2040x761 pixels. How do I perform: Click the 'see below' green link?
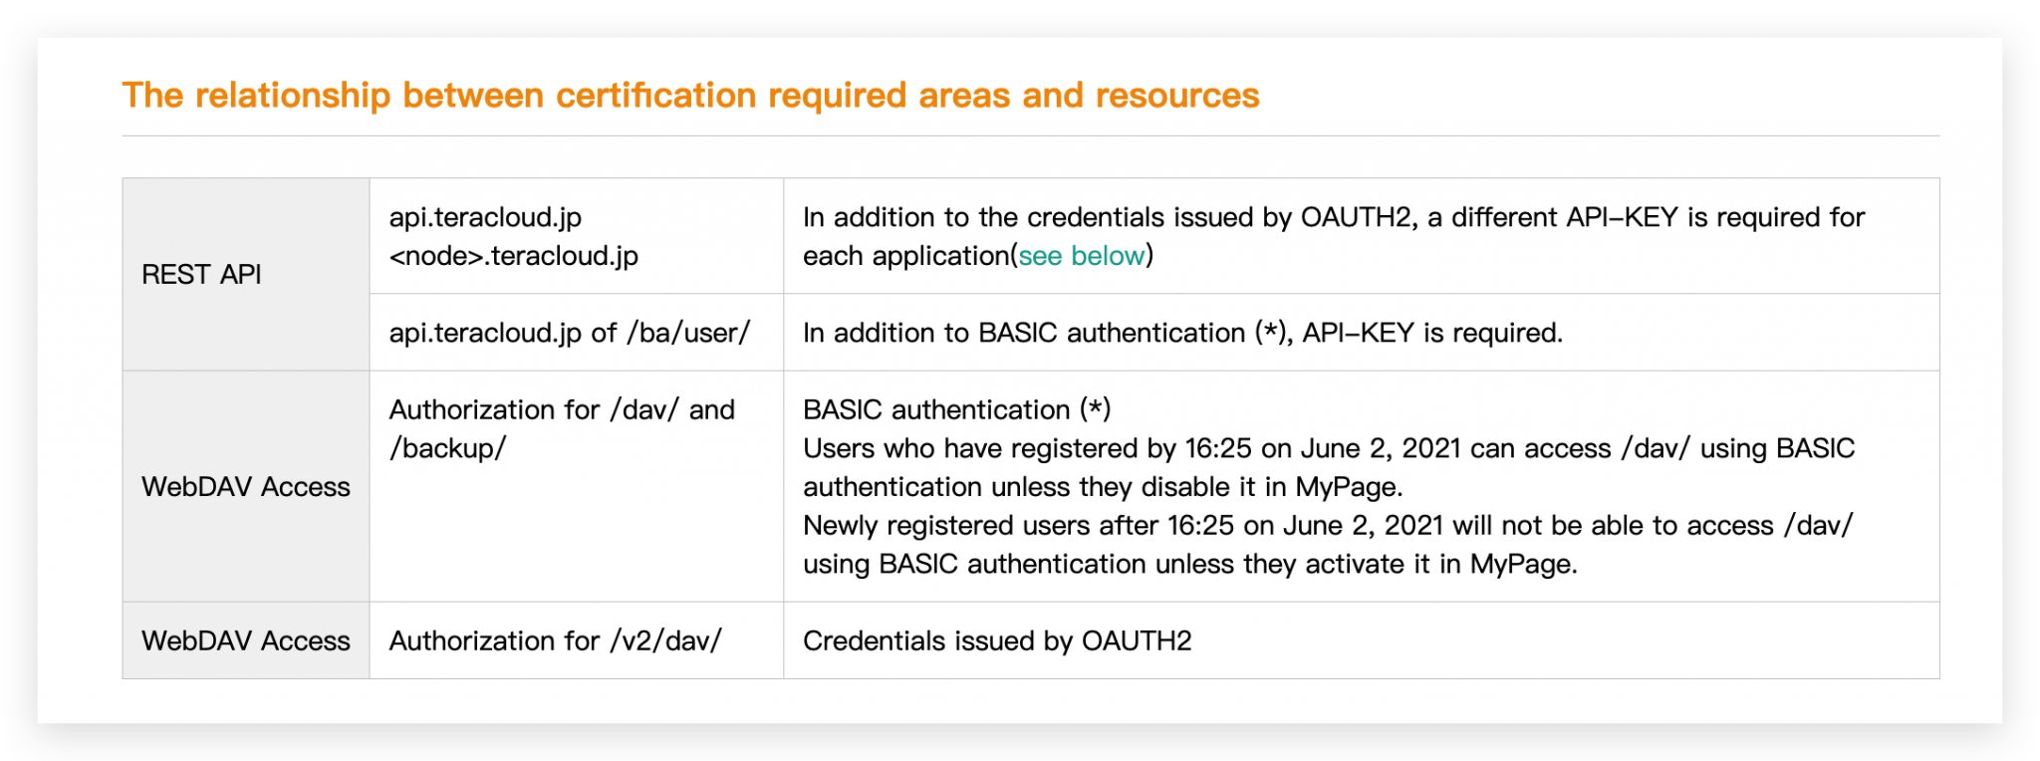point(1081,256)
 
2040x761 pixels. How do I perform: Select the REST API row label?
point(201,275)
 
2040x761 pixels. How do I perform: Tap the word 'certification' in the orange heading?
point(657,96)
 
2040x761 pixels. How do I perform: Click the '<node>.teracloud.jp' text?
point(513,256)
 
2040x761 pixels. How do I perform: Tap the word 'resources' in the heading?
point(1177,96)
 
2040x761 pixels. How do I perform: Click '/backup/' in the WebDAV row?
point(447,448)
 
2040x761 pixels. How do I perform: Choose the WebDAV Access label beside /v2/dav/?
point(246,640)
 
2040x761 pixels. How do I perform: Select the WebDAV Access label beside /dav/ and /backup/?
point(246,487)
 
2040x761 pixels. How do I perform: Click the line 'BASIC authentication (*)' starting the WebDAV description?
point(956,409)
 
